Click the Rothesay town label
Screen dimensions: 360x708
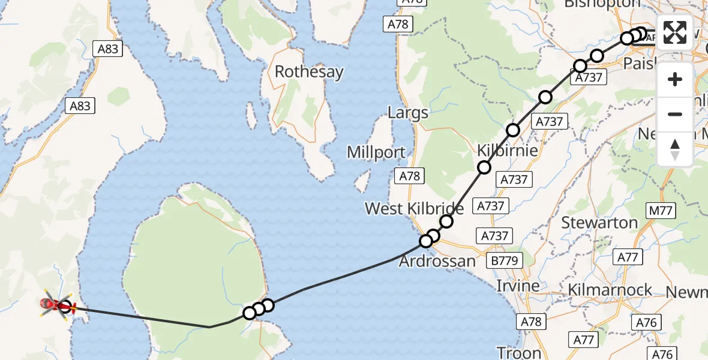pos(309,72)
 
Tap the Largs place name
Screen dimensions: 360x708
pos(408,113)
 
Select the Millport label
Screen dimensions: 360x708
pos(376,152)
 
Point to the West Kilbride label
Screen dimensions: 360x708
pos(414,209)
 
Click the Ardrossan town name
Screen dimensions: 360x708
pos(437,262)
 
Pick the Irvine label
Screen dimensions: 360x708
pos(518,286)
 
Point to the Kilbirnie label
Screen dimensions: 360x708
pos(507,150)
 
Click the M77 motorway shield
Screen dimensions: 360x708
pos(661,211)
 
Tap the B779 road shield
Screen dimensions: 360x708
pos(505,260)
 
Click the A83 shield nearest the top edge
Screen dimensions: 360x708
pos(108,49)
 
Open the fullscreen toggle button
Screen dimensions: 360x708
pos(675,32)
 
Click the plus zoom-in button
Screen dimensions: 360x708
pos(675,79)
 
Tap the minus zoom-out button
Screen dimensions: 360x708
pos(675,114)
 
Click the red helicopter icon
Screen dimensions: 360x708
pos(53,306)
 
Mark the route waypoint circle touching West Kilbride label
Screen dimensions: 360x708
pos(446,221)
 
